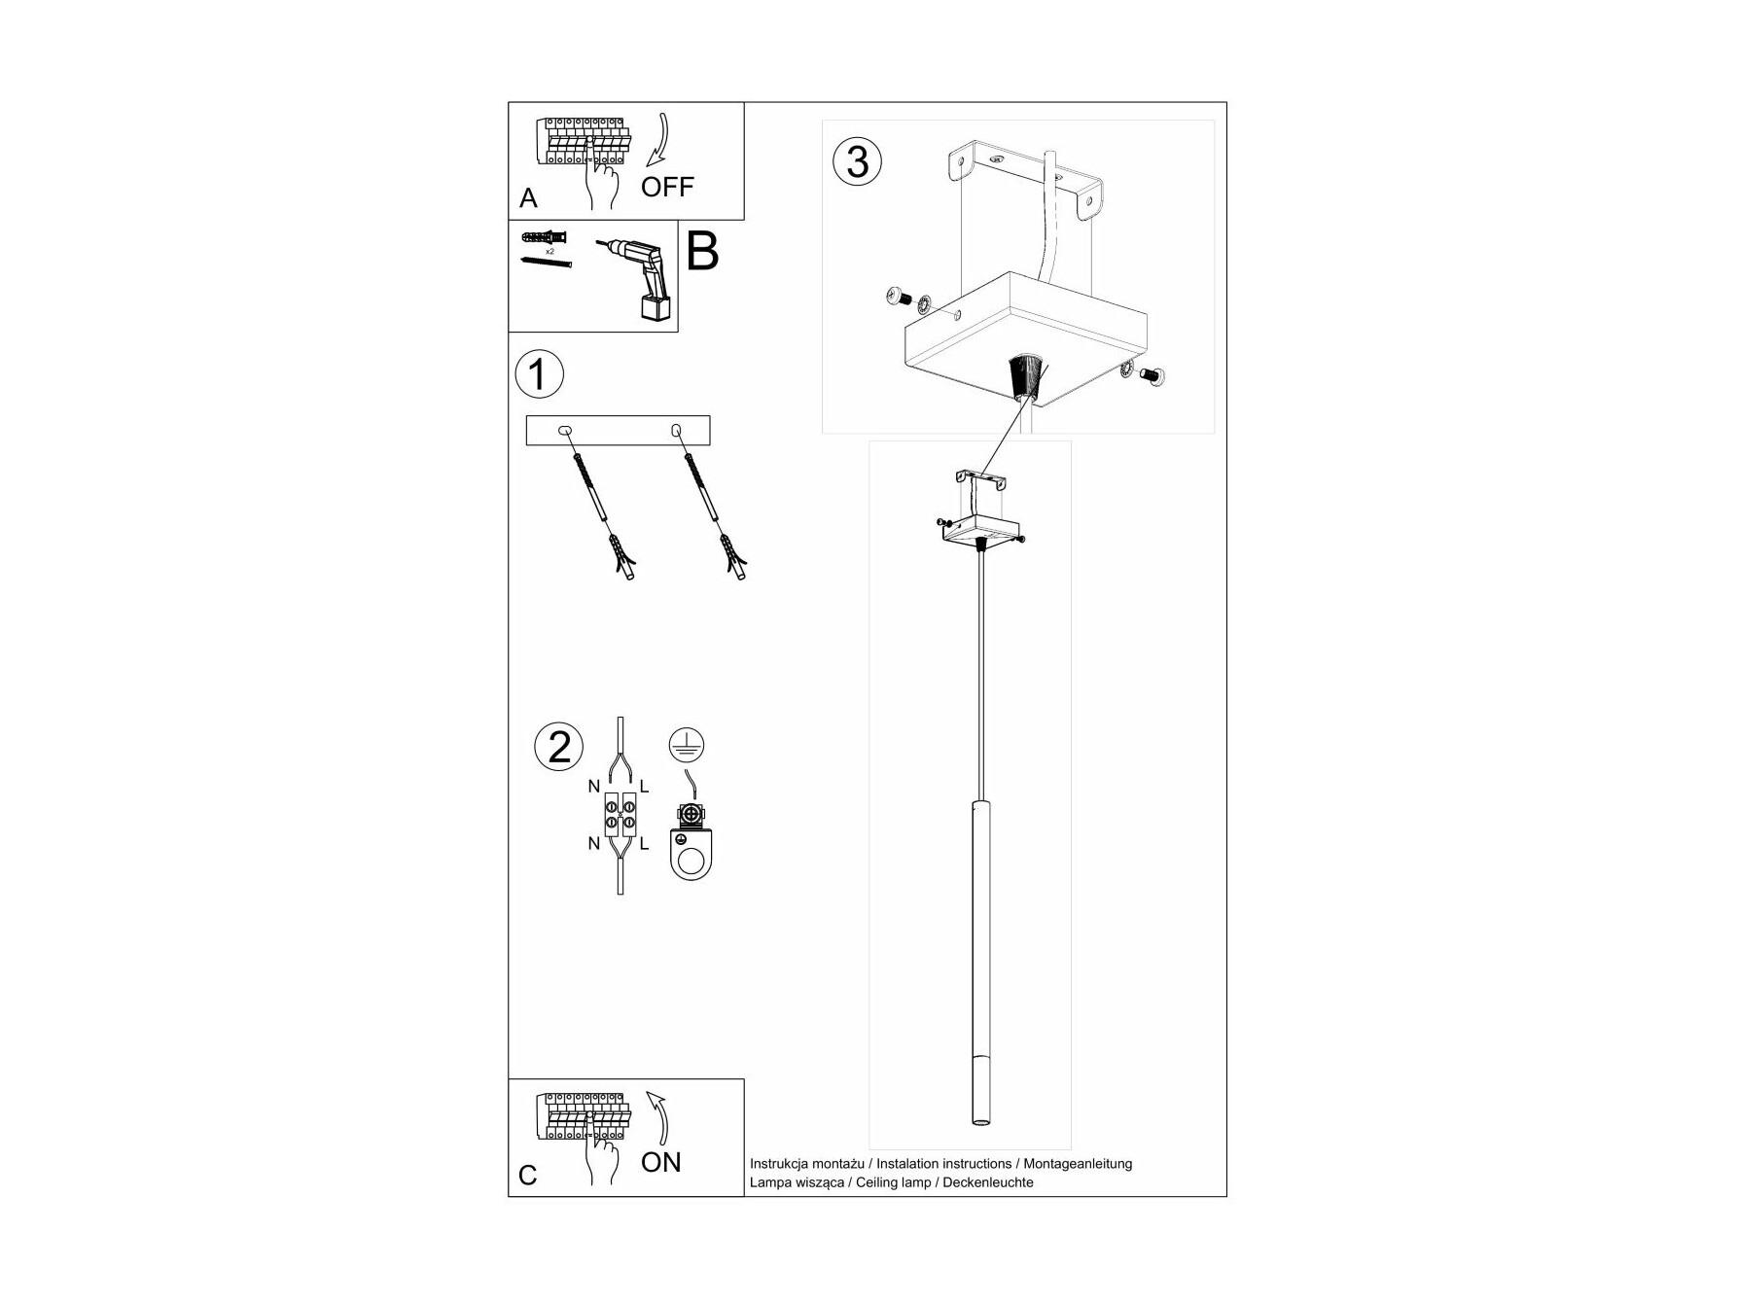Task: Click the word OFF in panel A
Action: tap(667, 186)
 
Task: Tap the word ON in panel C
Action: tap(661, 1162)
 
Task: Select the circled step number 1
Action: tap(538, 374)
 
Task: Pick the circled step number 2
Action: tap(559, 747)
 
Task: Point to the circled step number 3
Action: tap(857, 161)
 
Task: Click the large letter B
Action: tap(702, 250)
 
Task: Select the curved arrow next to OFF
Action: tap(658, 141)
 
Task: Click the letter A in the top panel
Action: tap(528, 198)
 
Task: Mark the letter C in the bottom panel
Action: tap(528, 1176)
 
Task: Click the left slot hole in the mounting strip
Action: tap(564, 430)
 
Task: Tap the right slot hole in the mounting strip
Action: tap(675, 430)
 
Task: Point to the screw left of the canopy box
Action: tap(897, 297)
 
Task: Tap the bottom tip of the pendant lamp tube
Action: tap(980, 1126)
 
